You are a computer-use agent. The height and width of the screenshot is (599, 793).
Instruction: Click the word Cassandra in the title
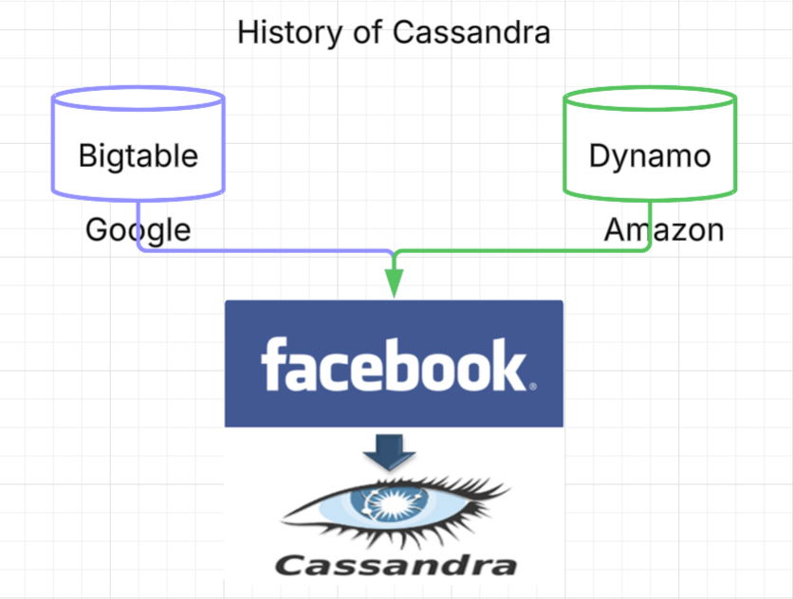[471, 32]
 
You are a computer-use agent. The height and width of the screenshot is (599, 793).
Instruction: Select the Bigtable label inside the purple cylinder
[138, 154]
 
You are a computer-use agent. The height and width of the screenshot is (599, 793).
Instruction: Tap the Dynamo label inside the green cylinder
[650, 154]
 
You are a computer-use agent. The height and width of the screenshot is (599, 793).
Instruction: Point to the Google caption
[138, 229]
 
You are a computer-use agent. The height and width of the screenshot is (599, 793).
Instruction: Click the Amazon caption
[664, 229]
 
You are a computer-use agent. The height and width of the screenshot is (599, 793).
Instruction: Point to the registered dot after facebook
[533, 386]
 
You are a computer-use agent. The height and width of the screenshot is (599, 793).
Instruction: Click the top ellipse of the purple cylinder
[138, 99]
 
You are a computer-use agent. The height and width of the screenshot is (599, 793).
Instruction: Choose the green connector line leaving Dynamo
[522, 251]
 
